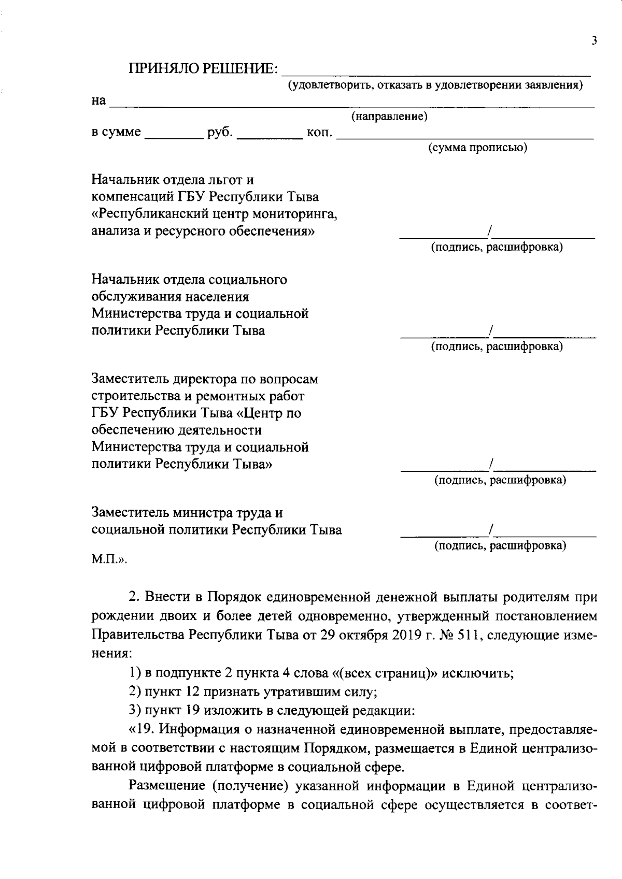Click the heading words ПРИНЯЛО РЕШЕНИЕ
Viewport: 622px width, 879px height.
[x=203, y=69]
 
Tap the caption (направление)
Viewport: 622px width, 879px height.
[x=389, y=117]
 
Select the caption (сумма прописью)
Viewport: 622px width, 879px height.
[x=477, y=148]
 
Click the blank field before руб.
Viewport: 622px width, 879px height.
[x=174, y=136]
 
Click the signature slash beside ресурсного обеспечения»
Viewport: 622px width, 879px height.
[x=491, y=231]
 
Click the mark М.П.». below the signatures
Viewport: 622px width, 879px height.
[x=109, y=559]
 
